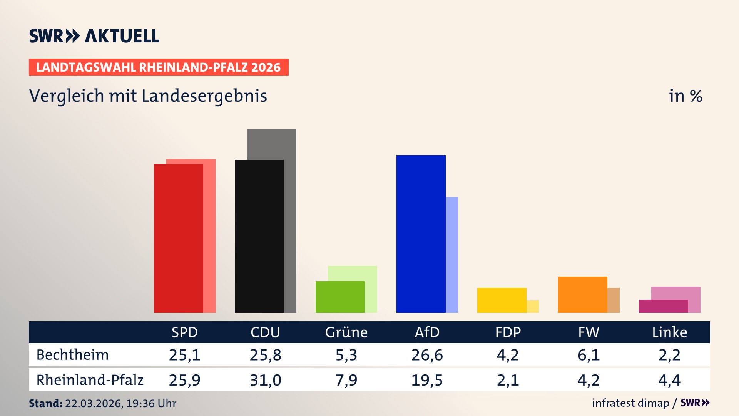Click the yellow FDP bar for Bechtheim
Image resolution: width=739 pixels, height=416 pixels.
pyautogui.click(x=502, y=300)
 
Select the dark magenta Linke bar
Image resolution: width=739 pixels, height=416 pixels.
pyautogui.click(x=663, y=306)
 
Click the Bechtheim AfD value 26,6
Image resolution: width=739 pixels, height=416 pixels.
pyautogui.click(x=427, y=355)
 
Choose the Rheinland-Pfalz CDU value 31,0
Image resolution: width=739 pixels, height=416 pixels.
pyautogui.click(x=265, y=380)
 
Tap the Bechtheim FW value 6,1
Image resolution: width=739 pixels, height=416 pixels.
pyautogui.click(x=589, y=355)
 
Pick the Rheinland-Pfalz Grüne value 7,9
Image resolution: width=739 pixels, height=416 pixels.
pyautogui.click(x=346, y=380)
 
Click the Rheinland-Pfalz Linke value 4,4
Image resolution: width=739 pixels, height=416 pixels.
pyautogui.click(x=669, y=380)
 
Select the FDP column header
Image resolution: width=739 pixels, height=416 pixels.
pyautogui.click(x=508, y=332)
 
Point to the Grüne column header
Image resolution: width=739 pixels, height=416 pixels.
pyautogui.click(x=346, y=332)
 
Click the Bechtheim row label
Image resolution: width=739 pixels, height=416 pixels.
pyautogui.click(x=72, y=355)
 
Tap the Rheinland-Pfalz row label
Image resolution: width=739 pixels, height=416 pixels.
pyautogui.click(x=90, y=380)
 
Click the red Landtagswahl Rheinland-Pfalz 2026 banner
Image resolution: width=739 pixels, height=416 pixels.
pyautogui.click(x=158, y=67)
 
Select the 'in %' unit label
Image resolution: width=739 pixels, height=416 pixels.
pyautogui.click(x=685, y=96)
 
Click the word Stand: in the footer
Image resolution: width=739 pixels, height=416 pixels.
pyautogui.click(x=45, y=403)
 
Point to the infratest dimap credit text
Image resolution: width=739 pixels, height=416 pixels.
pyautogui.click(x=630, y=403)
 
